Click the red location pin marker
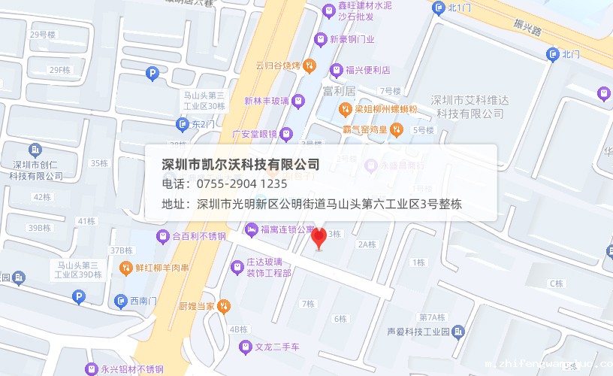[319, 238]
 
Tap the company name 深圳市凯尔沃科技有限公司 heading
[240, 164]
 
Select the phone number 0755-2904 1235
[242, 183]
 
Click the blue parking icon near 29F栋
[152, 73]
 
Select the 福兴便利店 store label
[367, 70]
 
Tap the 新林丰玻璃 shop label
[267, 100]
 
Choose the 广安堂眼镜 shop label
[255, 135]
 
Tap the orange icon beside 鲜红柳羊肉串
[125, 267]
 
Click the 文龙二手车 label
[276, 347]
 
